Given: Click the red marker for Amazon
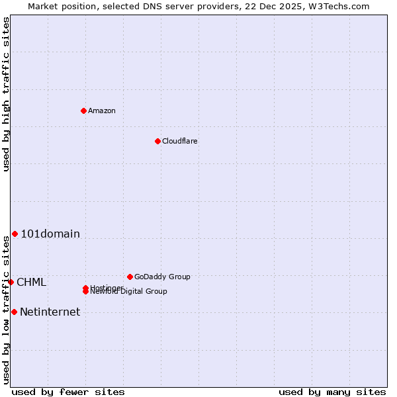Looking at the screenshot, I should pyautogui.click(x=83, y=110).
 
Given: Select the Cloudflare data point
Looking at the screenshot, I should pyautogui.click(x=157, y=141).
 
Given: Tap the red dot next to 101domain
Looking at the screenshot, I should pyautogui.click(x=15, y=234).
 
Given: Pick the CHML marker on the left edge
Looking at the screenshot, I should pyautogui.click(x=11, y=282).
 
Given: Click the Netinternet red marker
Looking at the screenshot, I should pyautogui.click(x=14, y=312).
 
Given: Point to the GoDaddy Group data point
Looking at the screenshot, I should pyautogui.click(x=130, y=277).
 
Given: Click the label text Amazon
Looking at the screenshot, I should pyautogui.click(x=101, y=110).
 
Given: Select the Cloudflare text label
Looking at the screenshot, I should pyautogui.click(x=179, y=141).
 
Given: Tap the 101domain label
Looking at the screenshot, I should pyautogui.click(x=50, y=234).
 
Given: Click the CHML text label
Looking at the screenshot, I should pyautogui.click(x=31, y=283).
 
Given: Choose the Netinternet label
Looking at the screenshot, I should pyautogui.click(x=50, y=312).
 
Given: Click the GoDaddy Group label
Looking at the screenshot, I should pyautogui.click(x=161, y=277).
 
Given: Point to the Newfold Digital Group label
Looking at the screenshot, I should pyautogui.click(x=128, y=292).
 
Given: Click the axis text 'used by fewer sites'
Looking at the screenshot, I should pyautogui.click(x=68, y=392).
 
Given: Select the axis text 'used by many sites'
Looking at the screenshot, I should pyautogui.click(x=332, y=392).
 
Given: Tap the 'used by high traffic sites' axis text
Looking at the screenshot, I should pyautogui.click(x=6, y=94).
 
